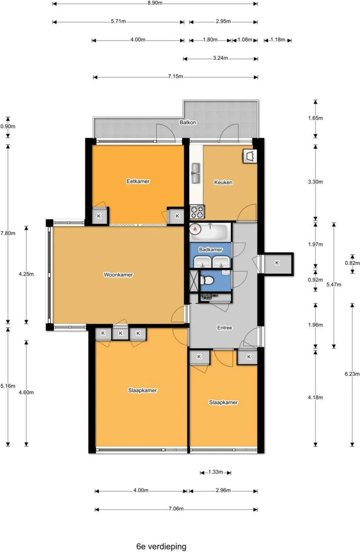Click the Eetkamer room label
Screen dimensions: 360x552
click(x=138, y=181)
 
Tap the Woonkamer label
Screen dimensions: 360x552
click(x=119, y=275)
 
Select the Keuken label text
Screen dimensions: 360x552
click(x=223, y=182)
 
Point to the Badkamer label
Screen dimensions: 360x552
click(x=211, y=250)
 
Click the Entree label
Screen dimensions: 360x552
click(x=224, y=328)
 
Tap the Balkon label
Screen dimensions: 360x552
click(x=188, y=122)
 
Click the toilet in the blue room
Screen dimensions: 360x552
click(x=207, y=280)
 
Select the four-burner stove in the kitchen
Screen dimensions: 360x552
click(x=197, y=212)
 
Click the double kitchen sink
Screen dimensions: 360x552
click(x=196, y=174)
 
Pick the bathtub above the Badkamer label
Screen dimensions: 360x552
click(x=210, y=232)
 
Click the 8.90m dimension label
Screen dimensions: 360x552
click(x=155, y=3)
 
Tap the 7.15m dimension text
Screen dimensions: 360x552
click(x=175, y=76)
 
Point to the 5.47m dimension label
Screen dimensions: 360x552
click(x=334, y=284)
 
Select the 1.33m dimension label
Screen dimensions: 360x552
click(x=215, y=472)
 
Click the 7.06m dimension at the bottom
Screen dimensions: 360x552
click(x=176, y=509)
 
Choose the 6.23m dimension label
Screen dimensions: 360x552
click(x=352, y=374)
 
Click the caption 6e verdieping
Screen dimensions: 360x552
click(x=161, y=546)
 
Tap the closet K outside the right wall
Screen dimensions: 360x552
click(x=277, y=263)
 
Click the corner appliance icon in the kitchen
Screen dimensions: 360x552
click(x=250, y=156)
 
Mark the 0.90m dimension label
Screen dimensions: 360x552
click(x=8, y=127)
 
